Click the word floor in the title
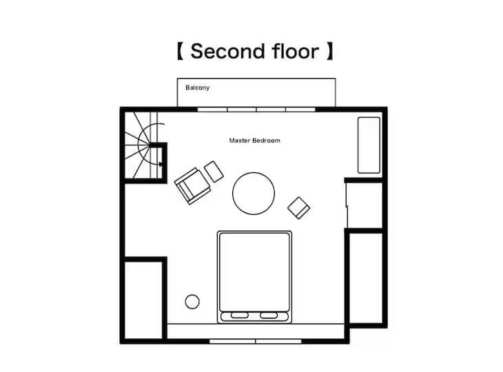click(x=296, y=51)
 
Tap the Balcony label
click(x=197, y=87)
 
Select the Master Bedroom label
click(x=254, y=141)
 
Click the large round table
click(x=254, y=194)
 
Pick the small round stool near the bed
click(x=192, y=302)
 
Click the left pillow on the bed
click(x=239, y=316)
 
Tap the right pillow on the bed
click(x=269, y=316)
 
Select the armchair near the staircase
click(x=192, y=186)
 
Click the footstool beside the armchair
click(x=214, y=172)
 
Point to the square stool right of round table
click(x=298, y=208)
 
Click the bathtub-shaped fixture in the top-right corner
click(x=369, y=145)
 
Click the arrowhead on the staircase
click(x=161, y=164)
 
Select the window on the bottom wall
click(x=256, y=342)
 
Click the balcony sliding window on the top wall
click(x=256, y=110)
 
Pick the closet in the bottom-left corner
click(x=143, y=300)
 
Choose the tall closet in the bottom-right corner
click(x=366, y=278)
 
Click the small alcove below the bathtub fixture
click(x=365, y=205)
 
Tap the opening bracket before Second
click(x=181, y=51)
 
